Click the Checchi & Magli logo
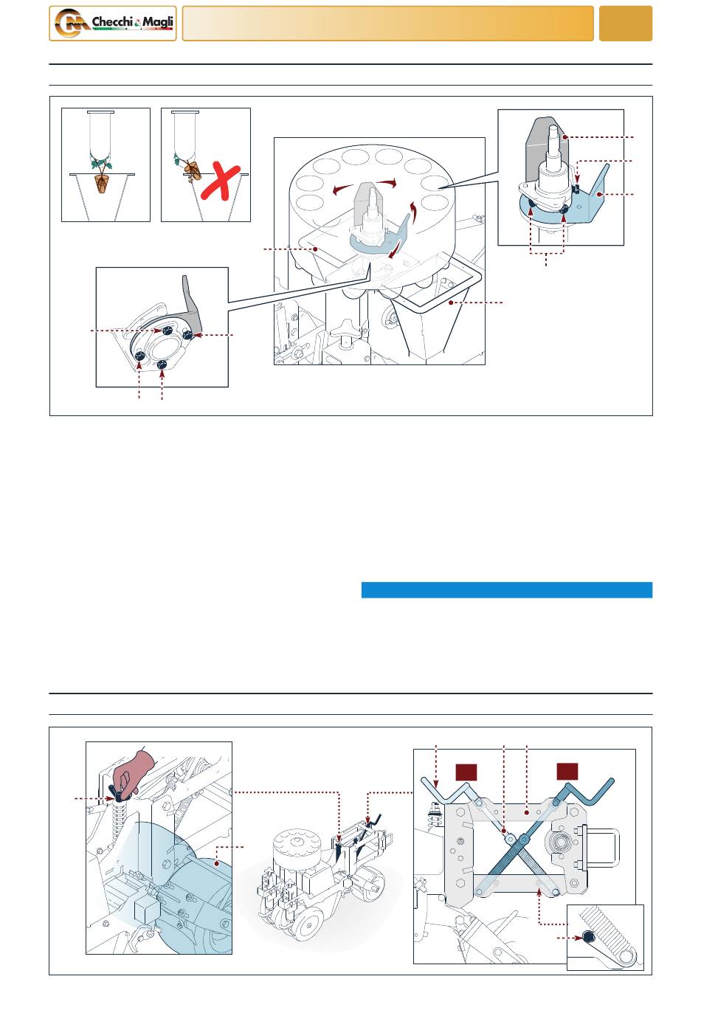(x=113, y=24)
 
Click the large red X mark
(x=220, y=183)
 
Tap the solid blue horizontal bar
(x=507, y=589)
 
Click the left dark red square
(x=466, y=772)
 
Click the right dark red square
(x=567, y=772)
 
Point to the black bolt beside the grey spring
(x=588, y=937)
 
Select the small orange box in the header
(x=625, y=24)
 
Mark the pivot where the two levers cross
(x=523, y=839)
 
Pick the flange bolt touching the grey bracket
(x=188, y=334)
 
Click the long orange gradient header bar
(x=387, y=24)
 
